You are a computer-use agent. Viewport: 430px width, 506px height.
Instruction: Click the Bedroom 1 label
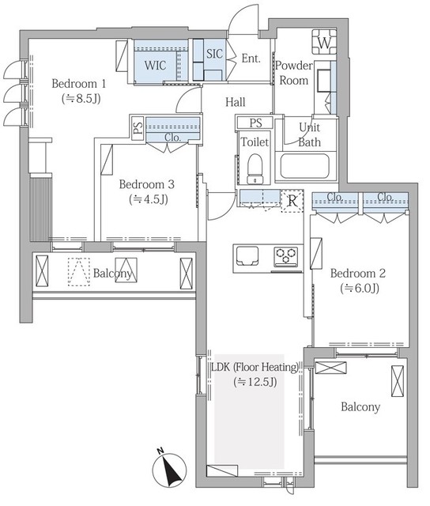click(x=79, y=84)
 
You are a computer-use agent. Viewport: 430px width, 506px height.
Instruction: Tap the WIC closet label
click(x=155, y=65)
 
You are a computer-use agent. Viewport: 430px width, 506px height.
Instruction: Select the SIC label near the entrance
click(x=214, y=54)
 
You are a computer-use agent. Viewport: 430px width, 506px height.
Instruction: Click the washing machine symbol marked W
click(x=324, y=42)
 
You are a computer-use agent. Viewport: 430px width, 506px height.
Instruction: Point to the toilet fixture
click(x=255, y=168)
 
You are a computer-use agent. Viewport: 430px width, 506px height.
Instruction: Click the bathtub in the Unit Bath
click(x=305, y=166)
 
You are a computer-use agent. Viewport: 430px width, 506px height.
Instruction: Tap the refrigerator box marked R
click(x=292, y=201)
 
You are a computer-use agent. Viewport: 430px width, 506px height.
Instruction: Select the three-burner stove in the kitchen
click(x=286, y=256)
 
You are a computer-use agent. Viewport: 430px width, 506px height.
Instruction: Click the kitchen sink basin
click(x=247, y=255)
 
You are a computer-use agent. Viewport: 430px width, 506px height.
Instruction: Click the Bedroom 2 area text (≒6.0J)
click(x=360, y=288)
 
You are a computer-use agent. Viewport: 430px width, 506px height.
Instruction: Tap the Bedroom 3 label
click(x=147, y=184)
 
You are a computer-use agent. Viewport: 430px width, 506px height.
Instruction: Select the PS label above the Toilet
click(x=256, y=123)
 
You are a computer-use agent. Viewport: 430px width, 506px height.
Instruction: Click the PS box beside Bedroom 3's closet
click(x=138, y=128)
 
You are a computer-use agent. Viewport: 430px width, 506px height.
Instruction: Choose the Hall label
click(x=236, y=102)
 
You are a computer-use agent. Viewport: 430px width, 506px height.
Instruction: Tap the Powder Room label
click(x=294, y=73)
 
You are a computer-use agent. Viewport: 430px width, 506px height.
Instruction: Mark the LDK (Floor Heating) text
click(x=255, y=367)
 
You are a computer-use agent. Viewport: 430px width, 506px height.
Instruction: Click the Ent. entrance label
click(x=251, y=59)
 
